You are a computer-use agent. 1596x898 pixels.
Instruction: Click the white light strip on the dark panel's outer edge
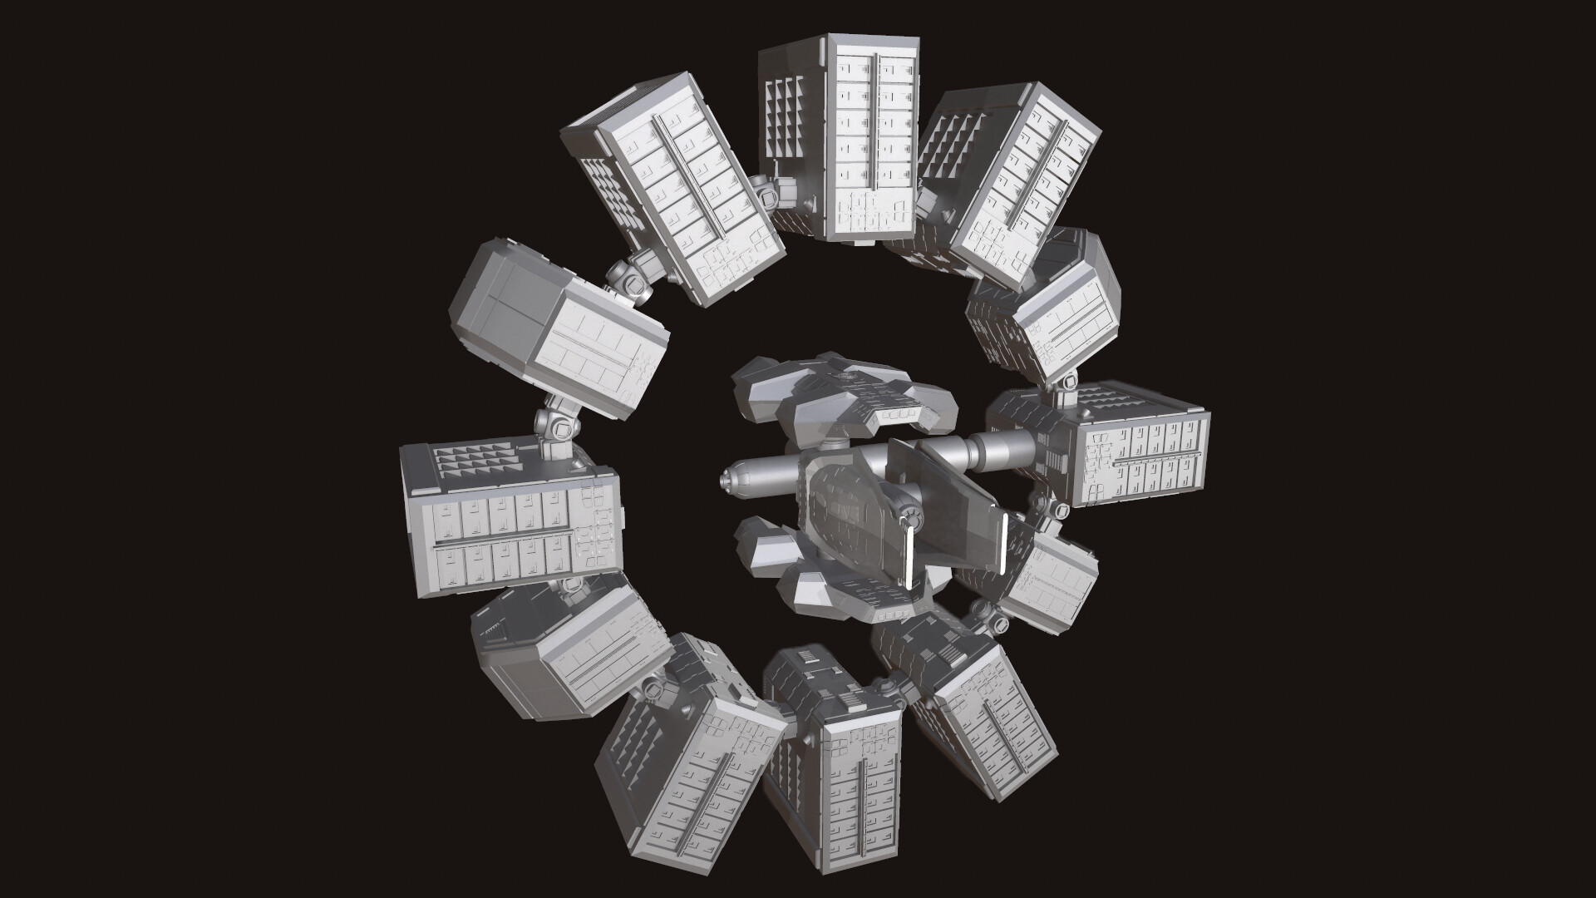1005,545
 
